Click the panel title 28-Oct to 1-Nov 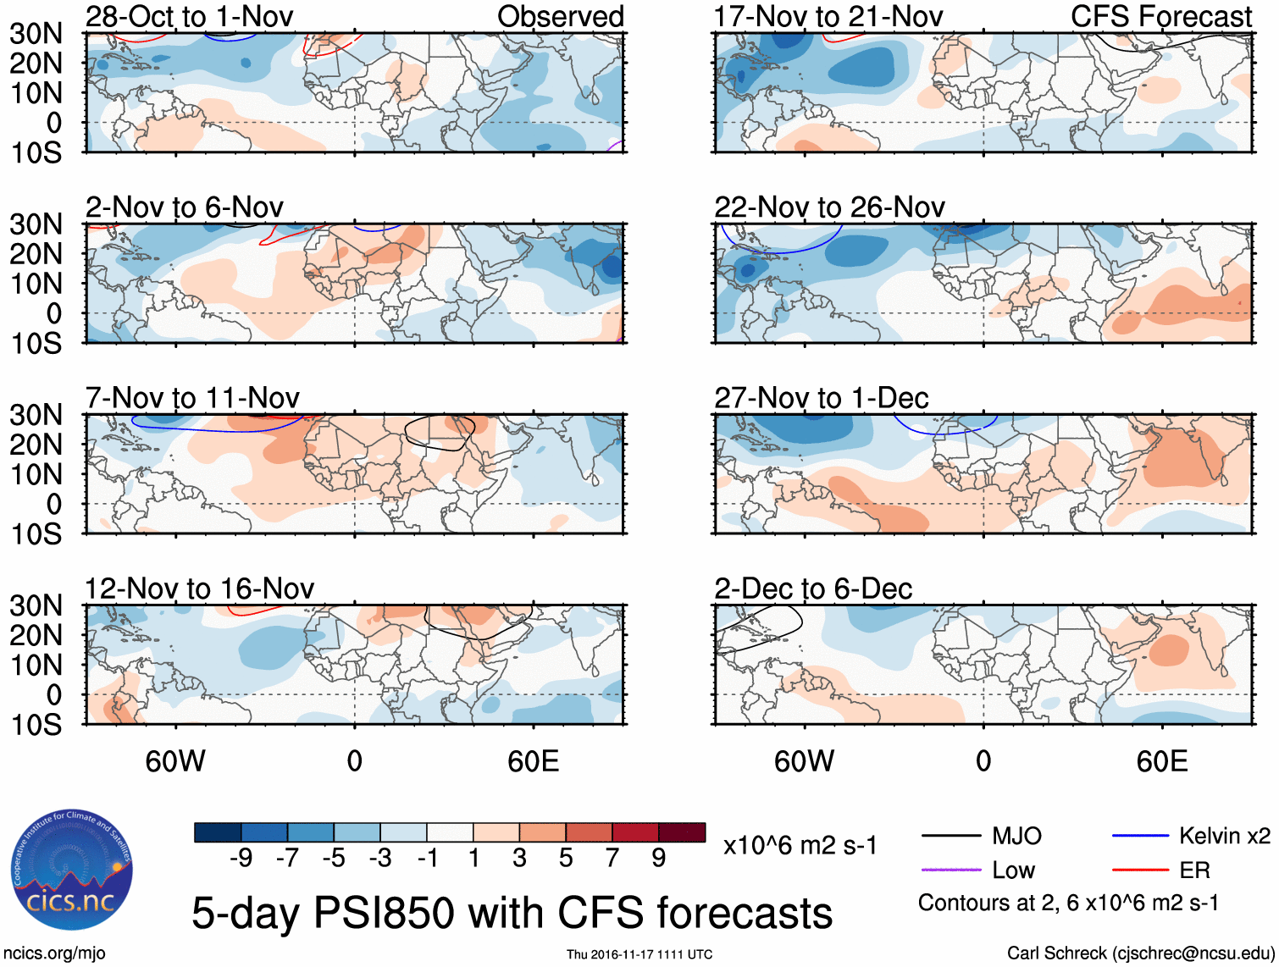[189, 16]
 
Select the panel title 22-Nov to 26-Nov [829, 207]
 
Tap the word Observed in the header [560, 16]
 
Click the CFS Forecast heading [1160, 16]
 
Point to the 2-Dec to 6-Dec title [813, 588]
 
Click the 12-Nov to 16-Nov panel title [199, 588]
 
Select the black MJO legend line [951, 837]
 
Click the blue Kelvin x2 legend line [1140, 837]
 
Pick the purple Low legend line [951, 870]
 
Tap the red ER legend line [1140, 870]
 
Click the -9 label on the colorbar [241, 859]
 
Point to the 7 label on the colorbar [612, 859]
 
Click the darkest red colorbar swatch [682, 832]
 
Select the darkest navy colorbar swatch [218, 832]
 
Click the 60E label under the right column [1161, 761]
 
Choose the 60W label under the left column [175, 761]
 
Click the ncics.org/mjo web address [54, 953]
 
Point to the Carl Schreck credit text [1140, 953]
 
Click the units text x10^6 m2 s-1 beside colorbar [800, 846]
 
